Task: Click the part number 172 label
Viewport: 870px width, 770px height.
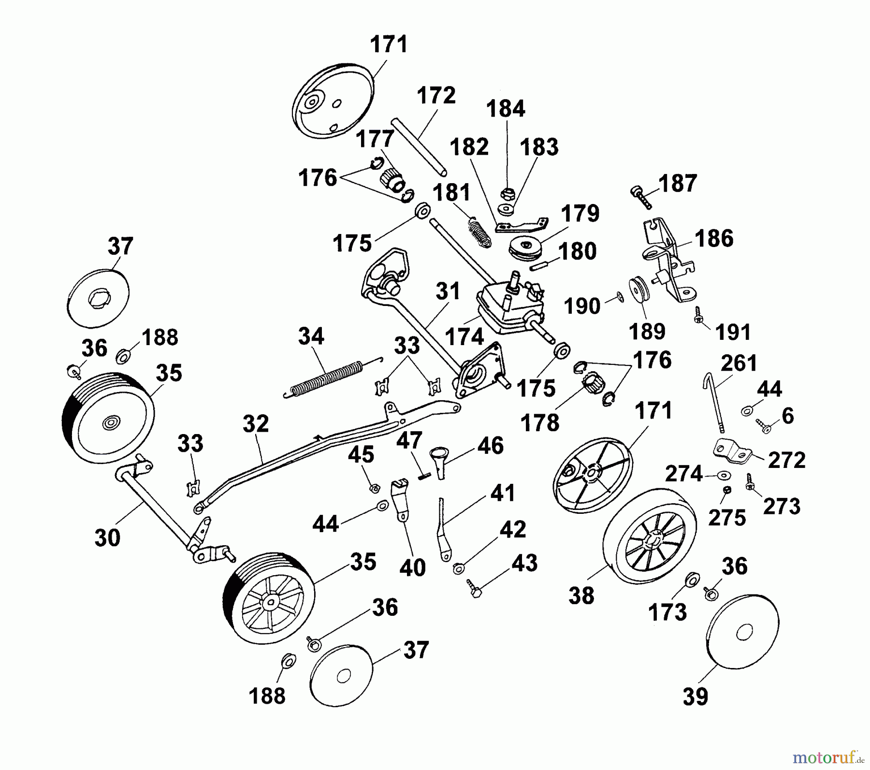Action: coord(436,96)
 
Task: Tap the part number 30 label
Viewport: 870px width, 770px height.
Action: coord(107,537)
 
